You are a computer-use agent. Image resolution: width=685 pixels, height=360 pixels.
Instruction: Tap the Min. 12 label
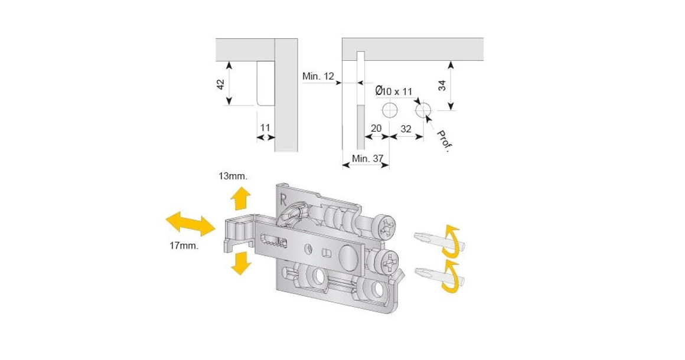[318, 77]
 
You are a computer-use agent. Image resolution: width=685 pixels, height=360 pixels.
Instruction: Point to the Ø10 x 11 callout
[394, 91]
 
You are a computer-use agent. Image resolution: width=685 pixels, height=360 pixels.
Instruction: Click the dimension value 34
[441, 85]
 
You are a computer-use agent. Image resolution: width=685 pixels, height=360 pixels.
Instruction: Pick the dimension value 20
[375, 127]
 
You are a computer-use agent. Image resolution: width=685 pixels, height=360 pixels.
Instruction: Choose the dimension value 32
[406, 127]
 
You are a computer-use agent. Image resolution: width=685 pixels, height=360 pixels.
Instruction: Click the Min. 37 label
[367, 158]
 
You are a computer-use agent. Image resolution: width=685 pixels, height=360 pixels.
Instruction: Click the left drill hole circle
[389, 110]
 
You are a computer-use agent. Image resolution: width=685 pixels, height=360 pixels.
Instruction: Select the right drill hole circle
[423, 110]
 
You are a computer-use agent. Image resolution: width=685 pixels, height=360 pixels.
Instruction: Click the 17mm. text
[184, 245]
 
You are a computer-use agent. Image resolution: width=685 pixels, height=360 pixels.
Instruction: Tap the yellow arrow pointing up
[240, 199]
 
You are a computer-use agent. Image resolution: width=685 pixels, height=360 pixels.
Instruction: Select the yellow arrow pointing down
[239, 263]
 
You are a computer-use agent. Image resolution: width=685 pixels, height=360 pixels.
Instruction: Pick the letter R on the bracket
[283, 198]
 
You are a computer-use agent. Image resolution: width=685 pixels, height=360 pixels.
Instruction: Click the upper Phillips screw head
[386, 227]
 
